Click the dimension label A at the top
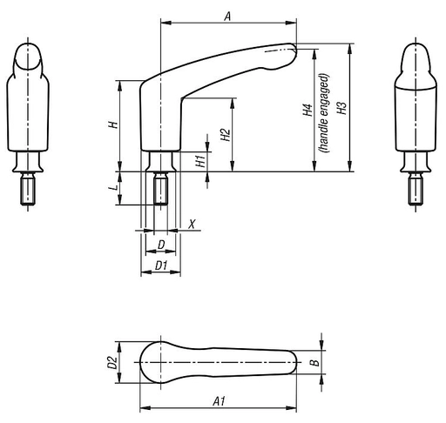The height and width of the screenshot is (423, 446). [227, 16]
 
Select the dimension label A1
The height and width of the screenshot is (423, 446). [220, 401]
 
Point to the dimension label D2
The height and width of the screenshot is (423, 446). [111, 360]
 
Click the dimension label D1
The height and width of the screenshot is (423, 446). [160, 264]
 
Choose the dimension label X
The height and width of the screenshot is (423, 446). [193, 223]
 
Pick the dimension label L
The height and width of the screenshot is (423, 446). [114, 188]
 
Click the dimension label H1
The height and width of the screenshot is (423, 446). [200, 159]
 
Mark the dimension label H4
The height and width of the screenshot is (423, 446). [307, 111]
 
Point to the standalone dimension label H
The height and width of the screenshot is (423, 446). [112, 124]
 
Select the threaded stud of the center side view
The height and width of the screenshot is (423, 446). [161, 190]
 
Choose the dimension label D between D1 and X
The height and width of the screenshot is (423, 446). [160, 245]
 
